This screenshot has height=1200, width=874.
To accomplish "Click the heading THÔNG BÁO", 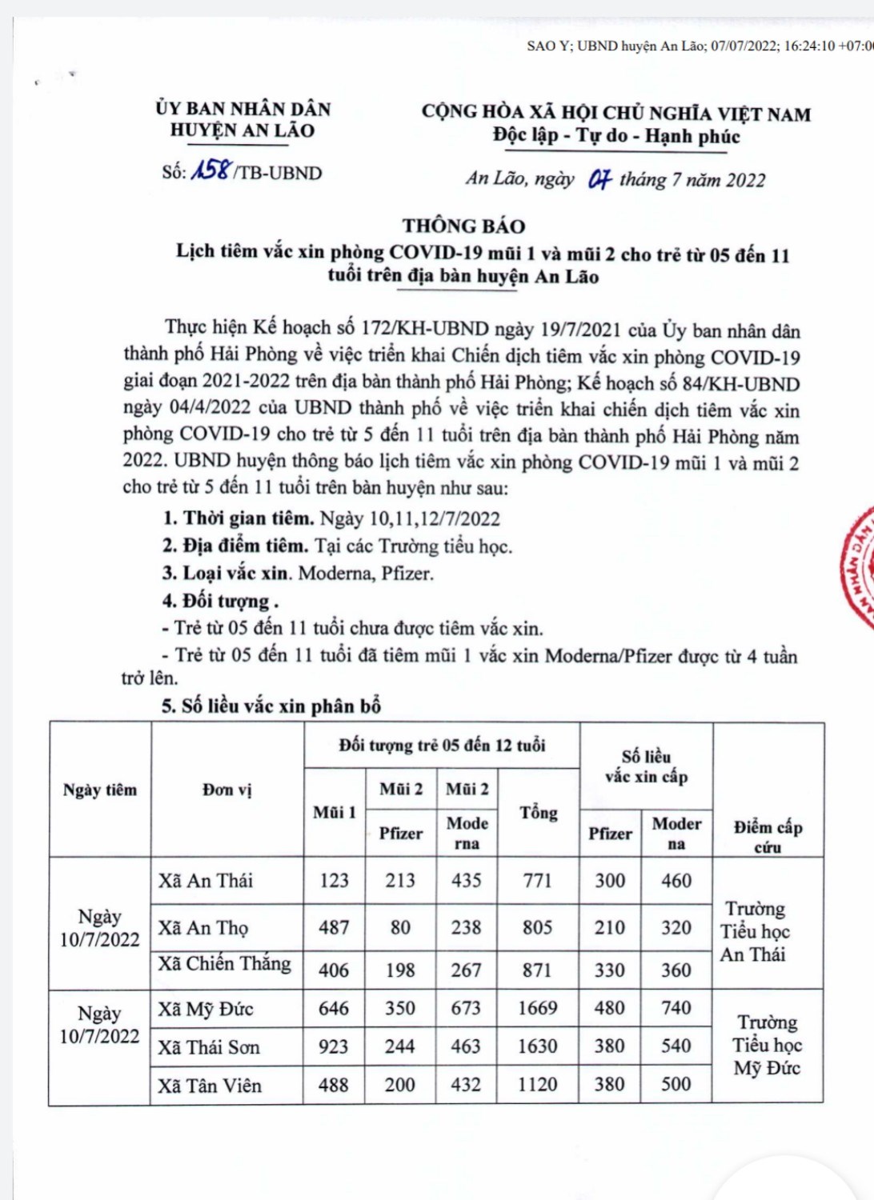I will tap(463, 226).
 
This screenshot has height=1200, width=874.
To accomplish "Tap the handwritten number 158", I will tap(211, 170).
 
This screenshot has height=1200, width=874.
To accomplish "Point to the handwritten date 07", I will tap(599, 179).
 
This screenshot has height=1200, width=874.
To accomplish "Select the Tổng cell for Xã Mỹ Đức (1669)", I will tap(537, 1008).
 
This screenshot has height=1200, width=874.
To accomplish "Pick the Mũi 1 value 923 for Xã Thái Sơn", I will tap(334, 1046).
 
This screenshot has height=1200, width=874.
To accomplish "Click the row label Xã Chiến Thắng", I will tap(224, 964).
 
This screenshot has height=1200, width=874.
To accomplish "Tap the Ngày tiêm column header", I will tap(100, 790).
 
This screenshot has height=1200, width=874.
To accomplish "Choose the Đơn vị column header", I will tap(227, 790).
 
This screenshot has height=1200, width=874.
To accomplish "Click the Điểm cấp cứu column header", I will tap(768, 836).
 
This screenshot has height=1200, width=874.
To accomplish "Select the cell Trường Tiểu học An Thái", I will tap(753, 931).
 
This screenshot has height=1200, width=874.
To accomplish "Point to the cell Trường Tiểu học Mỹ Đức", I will tap(767, 1045).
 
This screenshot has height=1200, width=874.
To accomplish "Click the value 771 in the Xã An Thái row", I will tap(537, 881).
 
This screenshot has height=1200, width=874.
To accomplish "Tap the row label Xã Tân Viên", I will tap(210, 1086).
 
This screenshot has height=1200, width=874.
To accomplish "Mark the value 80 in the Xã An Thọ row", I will tap(400, 927).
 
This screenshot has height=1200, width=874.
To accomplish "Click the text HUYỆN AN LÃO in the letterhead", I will tap(243, 130).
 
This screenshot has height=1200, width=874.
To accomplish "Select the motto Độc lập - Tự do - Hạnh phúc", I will tap(616, 136).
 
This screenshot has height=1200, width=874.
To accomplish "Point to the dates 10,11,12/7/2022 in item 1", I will tap(434, 518).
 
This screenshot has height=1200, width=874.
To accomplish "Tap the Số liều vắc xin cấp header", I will tap(646, 766).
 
